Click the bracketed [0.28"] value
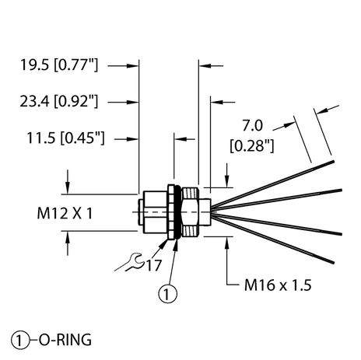click(253, 145)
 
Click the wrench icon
click(130, 264)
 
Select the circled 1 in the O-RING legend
click(19, 339)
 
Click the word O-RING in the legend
click(64, 339)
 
